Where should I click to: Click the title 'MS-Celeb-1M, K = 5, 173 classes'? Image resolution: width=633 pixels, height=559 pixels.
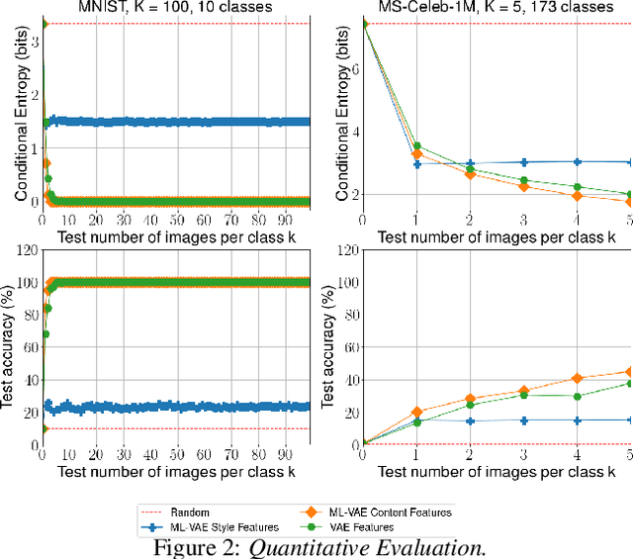coord(496,8)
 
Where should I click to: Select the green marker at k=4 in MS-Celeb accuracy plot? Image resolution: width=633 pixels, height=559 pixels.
coord(578,396)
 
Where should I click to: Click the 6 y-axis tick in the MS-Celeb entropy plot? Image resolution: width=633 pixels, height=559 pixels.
coord(353,69)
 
